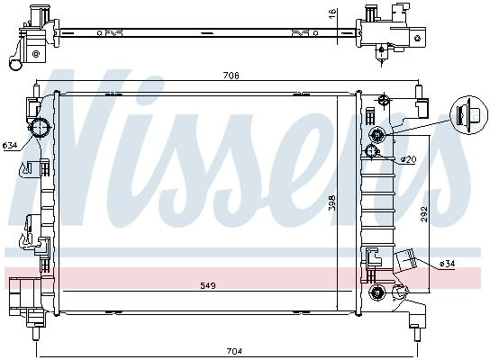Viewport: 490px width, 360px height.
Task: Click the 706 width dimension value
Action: tap(231, 76)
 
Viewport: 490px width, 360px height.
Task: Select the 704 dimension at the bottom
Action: tap(234, 351)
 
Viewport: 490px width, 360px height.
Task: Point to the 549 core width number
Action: tap(208, 285)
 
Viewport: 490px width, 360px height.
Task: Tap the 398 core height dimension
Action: tap(332, 202)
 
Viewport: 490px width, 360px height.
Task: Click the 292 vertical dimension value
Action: tap(423, 214)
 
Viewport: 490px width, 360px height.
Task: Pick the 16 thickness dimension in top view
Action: tap(332, 13)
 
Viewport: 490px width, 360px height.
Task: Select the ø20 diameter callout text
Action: tap(408, 159)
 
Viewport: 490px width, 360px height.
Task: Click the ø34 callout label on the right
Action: tap(447, 264)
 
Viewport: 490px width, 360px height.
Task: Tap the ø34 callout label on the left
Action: tap(9, 145)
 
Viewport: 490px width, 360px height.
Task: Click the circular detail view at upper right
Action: tap(468, 115)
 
